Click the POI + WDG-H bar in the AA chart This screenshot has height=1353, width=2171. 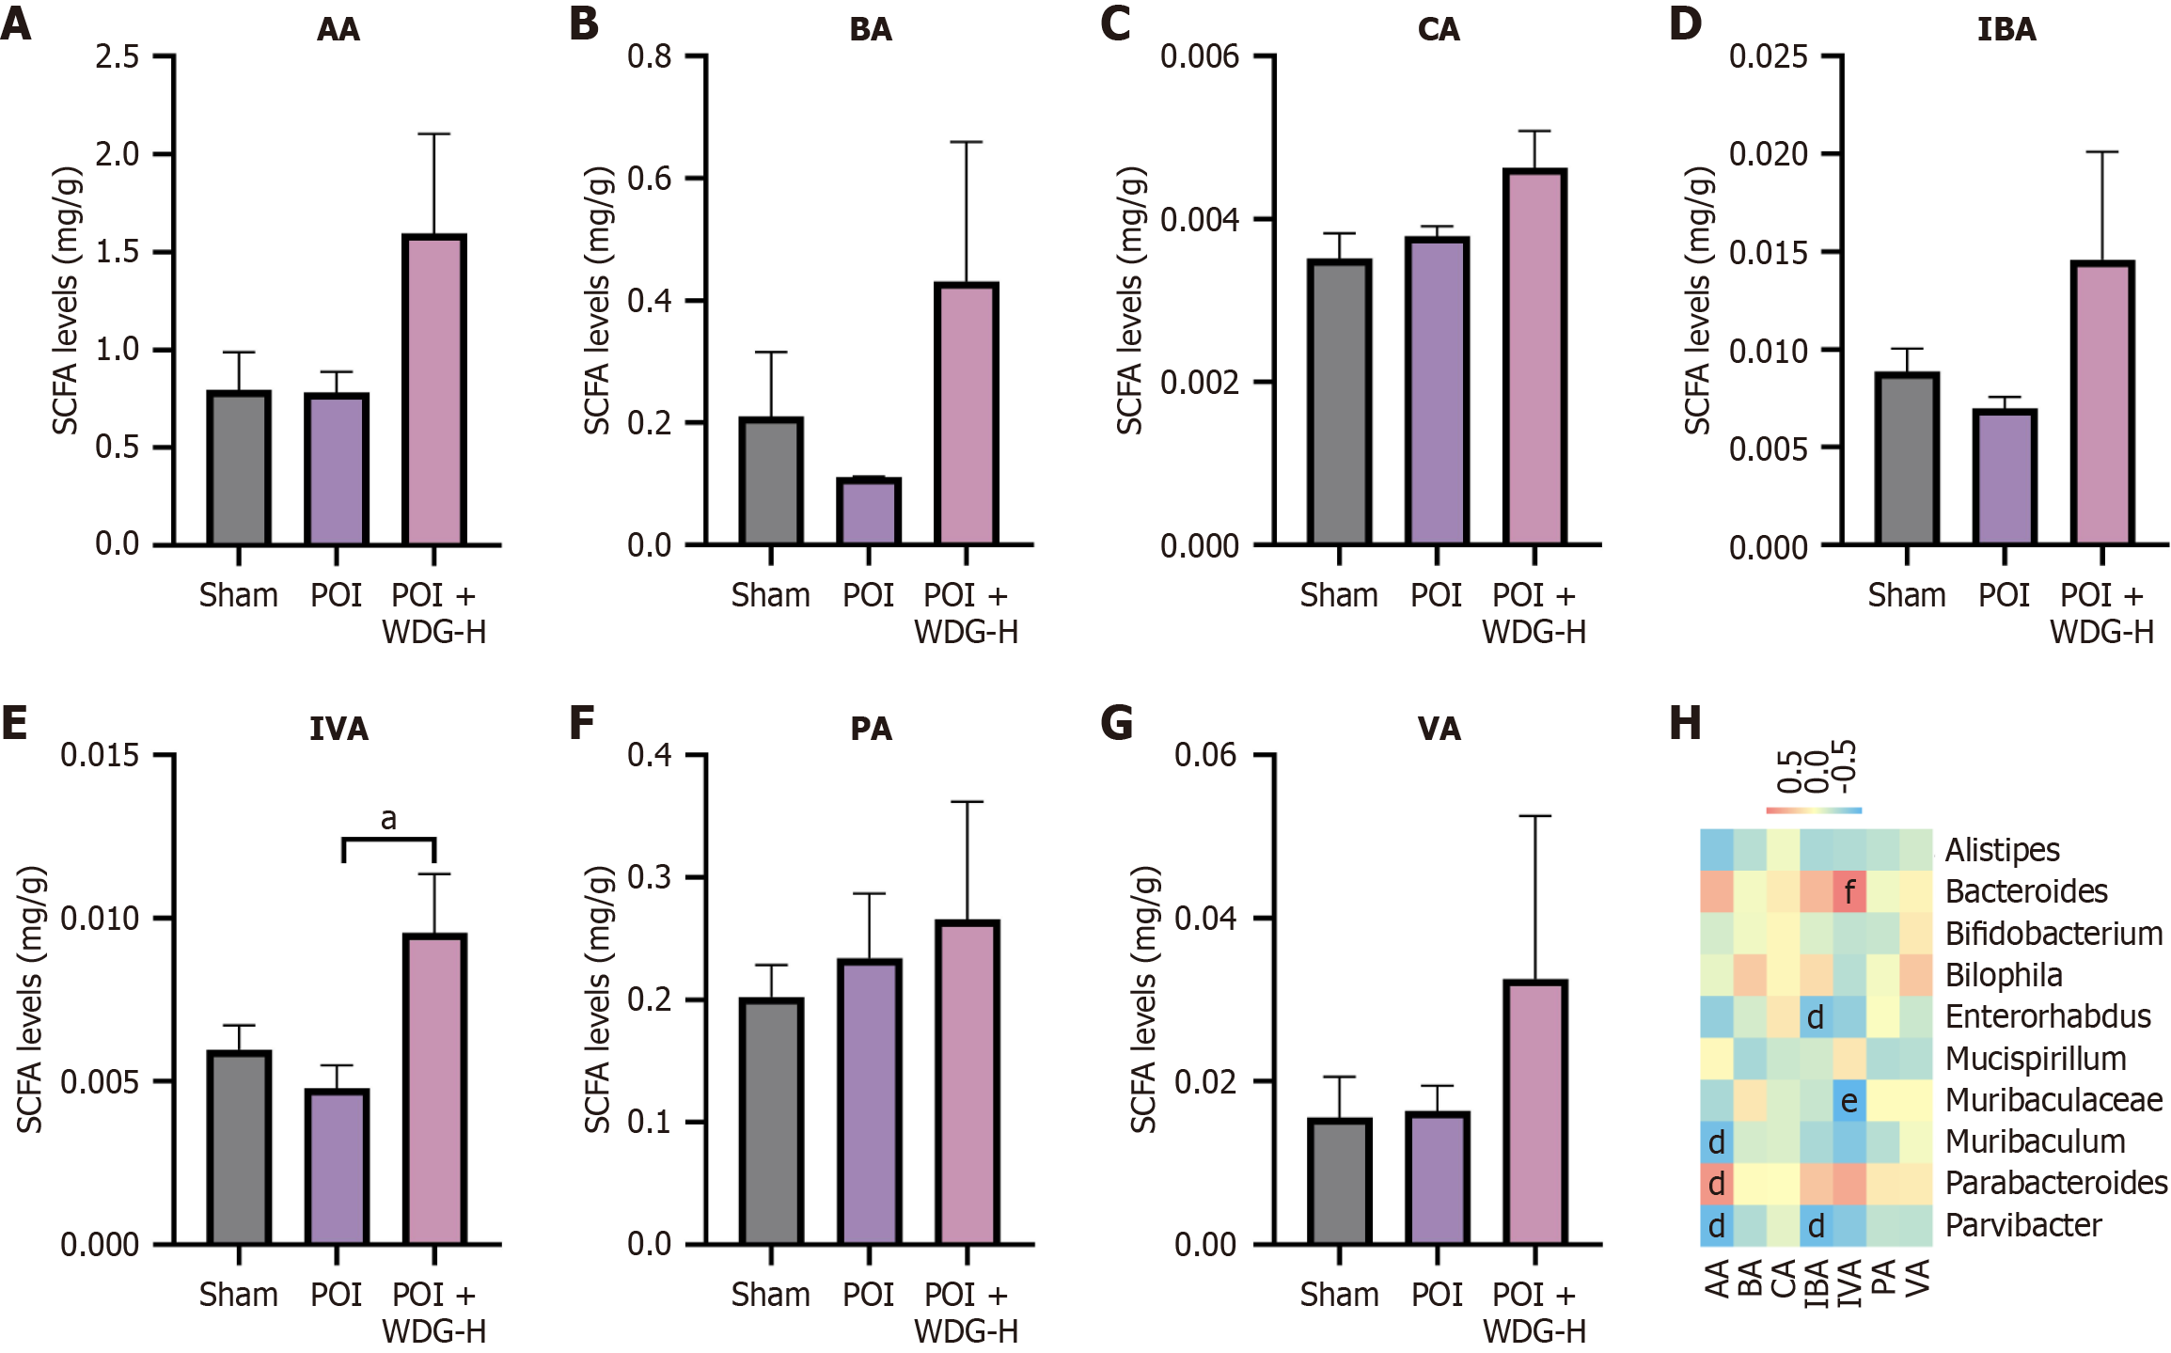click(x=434, y=389)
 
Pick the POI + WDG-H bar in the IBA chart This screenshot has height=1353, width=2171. click(x=2102, y=403)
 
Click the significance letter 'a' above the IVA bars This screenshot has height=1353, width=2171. click(x=388, y=820)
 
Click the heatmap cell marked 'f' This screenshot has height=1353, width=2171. click(x=1849, y=890)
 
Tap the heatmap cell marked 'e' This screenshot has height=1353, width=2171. click(x=1849, y=1100)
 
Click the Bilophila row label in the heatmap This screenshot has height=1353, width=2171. click(x=2004, y=975)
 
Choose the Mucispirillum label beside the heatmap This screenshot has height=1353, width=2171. click(x=2036, y=1059)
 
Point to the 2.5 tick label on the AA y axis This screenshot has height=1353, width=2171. click(x=118, y=56)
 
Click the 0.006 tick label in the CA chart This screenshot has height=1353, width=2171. click(x=1200, y=56)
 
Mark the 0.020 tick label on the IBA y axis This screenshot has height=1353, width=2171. click(x=1769, y=154)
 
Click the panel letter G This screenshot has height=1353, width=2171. click(x=1116, y=723)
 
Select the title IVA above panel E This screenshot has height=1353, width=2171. click(x=338, y=729)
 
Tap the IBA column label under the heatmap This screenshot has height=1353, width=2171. click(x=1817, y=1283)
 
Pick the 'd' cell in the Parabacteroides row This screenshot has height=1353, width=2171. click(x=1717, y=1184)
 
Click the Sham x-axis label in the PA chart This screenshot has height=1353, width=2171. click(x=771, y=1295)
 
